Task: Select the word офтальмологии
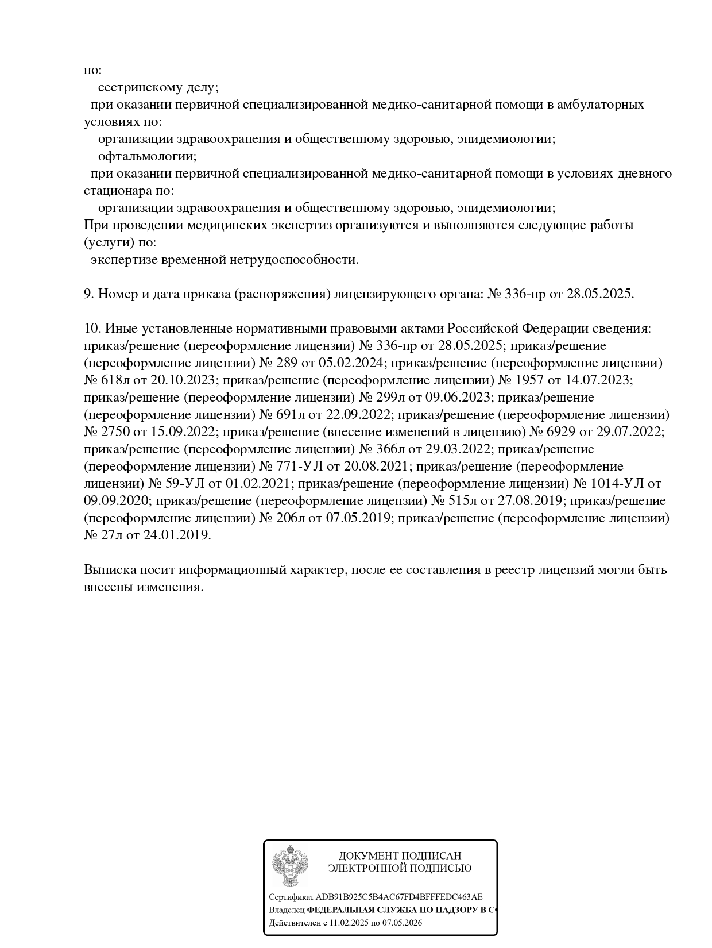[x=147, y=156]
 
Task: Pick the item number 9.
[x=88, y=294]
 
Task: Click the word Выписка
[x=110, y=570]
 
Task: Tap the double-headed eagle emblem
[x=291, y=865]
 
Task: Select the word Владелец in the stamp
[x=287, y=910]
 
